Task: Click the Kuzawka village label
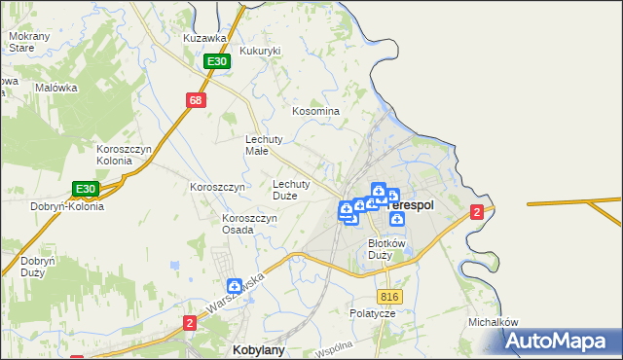point(205,38)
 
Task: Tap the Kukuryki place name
point(260,51)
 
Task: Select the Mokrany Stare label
point(22,42)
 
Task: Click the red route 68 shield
point(197,100)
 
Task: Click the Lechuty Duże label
point(291,189)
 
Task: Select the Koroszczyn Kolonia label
point(123,154)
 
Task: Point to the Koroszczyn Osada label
point(250,224)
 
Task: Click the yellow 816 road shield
point(390,297)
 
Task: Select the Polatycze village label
point(373,313)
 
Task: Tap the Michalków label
point(493,322)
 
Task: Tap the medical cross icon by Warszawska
point(235,287)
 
